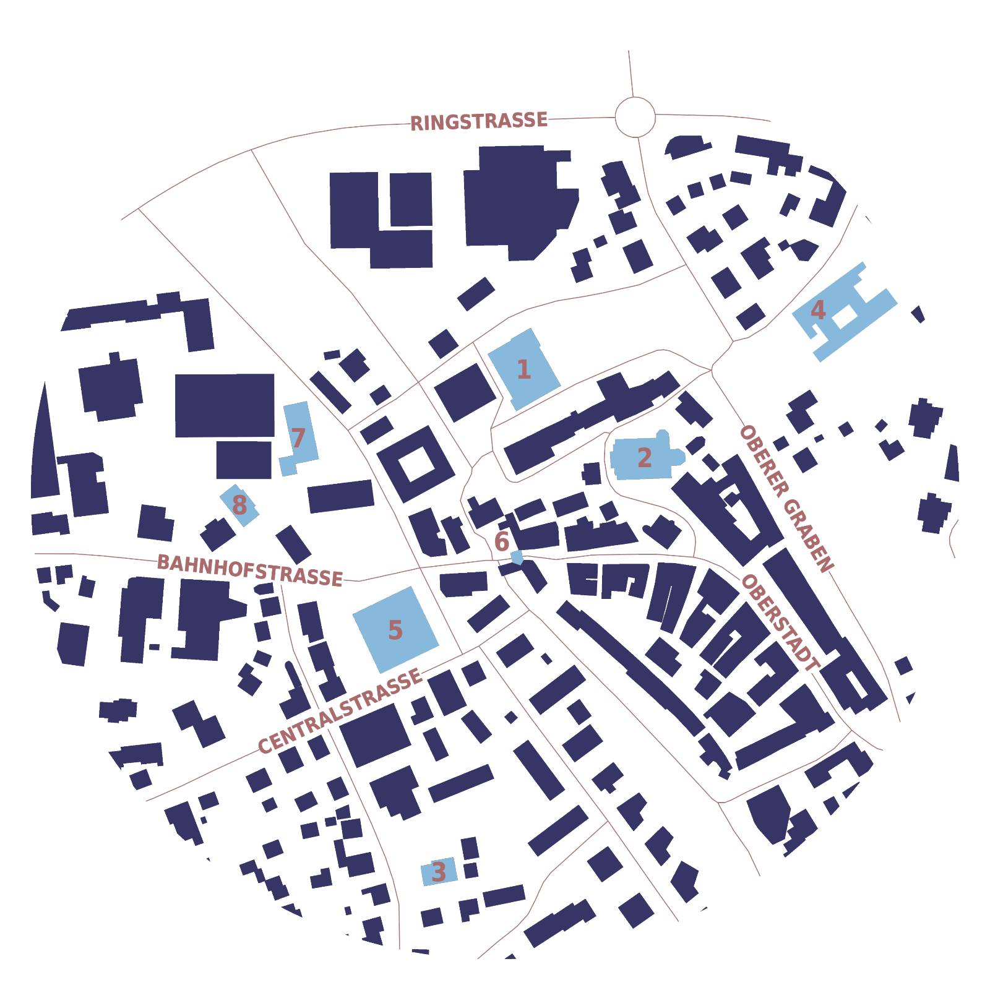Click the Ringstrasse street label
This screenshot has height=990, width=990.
pos(479,121)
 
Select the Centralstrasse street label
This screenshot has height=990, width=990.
pos(340,711)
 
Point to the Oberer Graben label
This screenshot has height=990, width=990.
pos(786,498)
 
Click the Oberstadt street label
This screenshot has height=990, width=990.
pos(780,622)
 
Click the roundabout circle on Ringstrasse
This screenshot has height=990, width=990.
pos(635,117)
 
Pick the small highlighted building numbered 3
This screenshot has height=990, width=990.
pos(439,872)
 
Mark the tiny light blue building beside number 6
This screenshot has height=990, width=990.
pos(517,557)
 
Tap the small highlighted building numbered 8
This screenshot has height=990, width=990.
pos(239,505)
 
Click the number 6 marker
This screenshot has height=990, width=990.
pos(502,541)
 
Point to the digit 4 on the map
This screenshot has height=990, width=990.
pos(818,309)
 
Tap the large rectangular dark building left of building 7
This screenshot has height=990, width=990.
pos(225,405)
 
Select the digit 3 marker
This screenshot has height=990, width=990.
pos(439,872)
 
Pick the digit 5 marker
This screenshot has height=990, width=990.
pos(395,630)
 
